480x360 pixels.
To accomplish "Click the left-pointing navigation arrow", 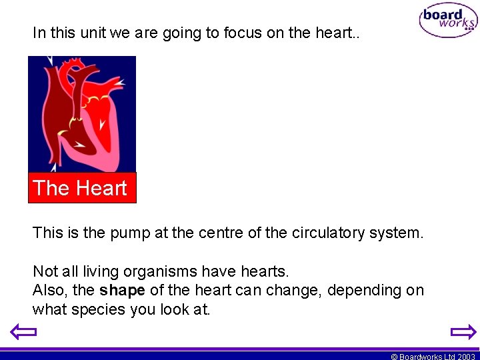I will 22,332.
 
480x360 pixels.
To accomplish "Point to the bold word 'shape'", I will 123,291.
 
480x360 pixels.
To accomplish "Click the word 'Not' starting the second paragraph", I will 45,271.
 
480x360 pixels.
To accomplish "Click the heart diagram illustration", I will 81,113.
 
